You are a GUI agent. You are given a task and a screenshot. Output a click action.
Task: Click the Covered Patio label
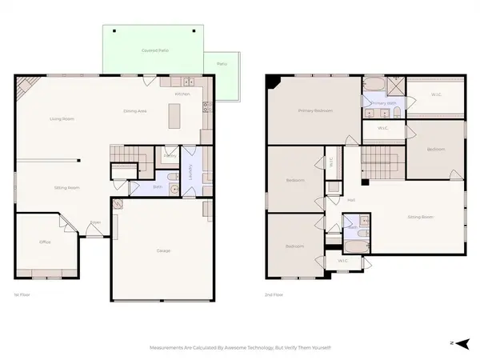click(153, 50)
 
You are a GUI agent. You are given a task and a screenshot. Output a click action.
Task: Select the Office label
click(46, 242)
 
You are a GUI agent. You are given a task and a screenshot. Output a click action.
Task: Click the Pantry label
click(170, 155)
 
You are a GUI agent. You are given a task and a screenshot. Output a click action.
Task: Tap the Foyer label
click(94, 223)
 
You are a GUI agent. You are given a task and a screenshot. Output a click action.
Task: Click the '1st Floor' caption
click(22, 295)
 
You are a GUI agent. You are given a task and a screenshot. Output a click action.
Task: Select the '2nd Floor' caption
click(274, 295)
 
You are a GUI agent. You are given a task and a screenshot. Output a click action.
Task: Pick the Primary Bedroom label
click(314, 110)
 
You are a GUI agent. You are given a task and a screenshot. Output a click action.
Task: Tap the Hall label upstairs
click(351, 200)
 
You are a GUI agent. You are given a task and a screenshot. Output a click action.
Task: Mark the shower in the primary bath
click(395, 86)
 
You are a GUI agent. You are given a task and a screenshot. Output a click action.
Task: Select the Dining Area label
click(134, 110)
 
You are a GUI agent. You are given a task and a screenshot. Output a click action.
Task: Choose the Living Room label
click(52, 118)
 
